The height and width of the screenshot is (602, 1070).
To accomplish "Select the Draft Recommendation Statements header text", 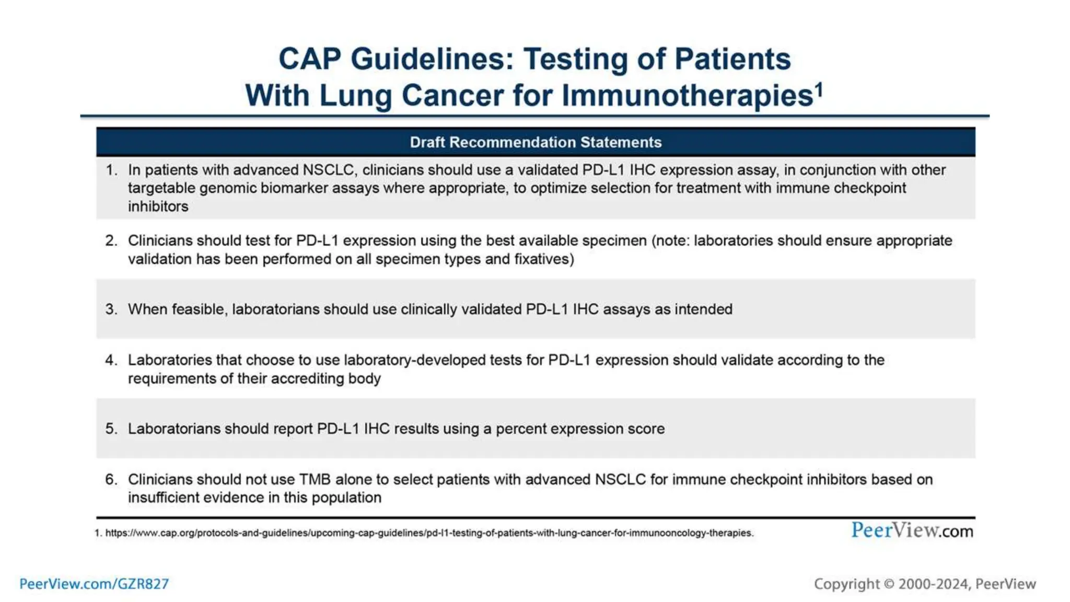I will (x=536, y=142).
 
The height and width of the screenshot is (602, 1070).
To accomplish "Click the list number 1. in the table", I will (x=111, y=170).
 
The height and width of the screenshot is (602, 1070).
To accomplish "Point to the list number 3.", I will (x=111, y=309).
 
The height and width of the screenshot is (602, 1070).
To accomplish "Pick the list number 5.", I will (x=111, y=429).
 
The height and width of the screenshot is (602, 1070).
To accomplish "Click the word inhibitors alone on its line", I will (x=158, y=206).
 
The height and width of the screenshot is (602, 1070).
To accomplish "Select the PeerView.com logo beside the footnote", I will (x=912, y=530).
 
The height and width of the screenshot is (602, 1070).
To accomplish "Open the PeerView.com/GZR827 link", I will (x=94, y=584).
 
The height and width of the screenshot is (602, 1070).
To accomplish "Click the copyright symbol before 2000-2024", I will (x=889, y=584).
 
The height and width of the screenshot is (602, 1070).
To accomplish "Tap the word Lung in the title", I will (x=355, y=96).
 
